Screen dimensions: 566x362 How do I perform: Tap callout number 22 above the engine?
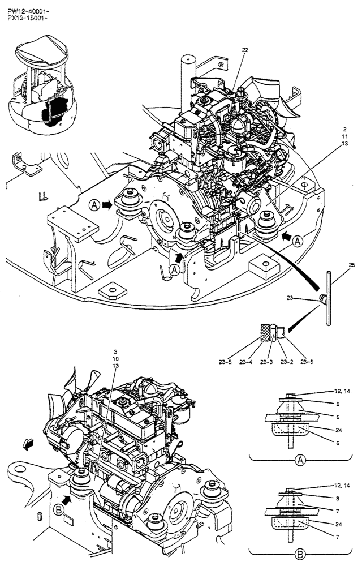click(245, 50)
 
